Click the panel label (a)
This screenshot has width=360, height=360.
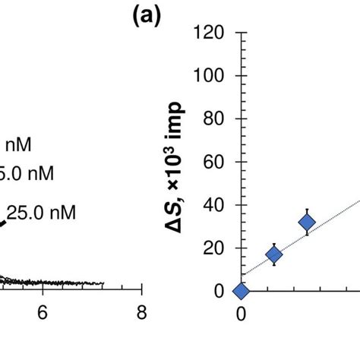tap(144, 16)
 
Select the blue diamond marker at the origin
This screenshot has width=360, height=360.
tap(242, 291)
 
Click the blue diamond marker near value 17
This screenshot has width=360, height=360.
tap(274, 255)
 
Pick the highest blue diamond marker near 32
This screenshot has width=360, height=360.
tap(307, 222)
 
